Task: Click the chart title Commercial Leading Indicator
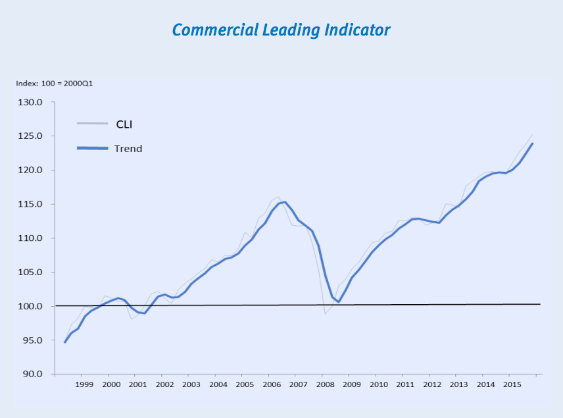point(281,30)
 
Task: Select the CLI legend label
point(125,124)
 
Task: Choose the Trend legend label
point(128,148)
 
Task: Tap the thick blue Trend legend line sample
point(92,148)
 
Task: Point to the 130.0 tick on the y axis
point(31,103)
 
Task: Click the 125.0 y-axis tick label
point(31,136)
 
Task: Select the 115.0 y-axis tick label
point(31,204)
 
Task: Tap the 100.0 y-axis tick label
point(31,306)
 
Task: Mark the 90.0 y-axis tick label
point(32,374)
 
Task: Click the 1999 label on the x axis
point(84,384)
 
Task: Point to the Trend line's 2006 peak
point(284,202)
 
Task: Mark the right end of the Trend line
point(532,144)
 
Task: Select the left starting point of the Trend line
point(64,342)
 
